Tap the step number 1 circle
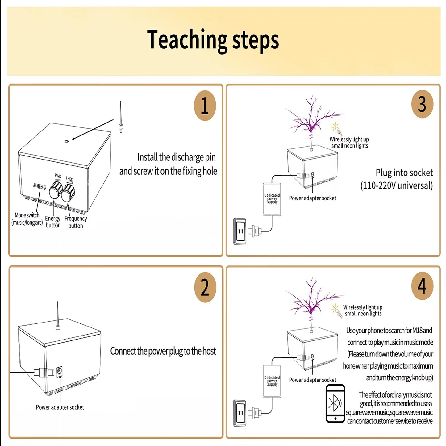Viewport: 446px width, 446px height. pyautogui.click(x=205, y=105)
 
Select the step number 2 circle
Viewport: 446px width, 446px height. pyautogui.click(x=205, y=287)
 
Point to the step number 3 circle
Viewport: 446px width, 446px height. pyautogui.click(x=422, y=104)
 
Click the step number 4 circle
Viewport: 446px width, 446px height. pyautogui.click(x=422, y=286)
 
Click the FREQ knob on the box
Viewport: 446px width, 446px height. pyautogui.click(x=68, y=193)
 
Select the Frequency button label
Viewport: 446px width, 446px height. pyautogui.click(x=76, y=222)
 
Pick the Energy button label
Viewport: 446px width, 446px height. pyautogui.click(x=53, y=222)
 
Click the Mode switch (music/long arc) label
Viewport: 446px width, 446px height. pyautogui.click(x=27, y=219)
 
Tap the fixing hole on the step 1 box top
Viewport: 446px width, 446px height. pyautogui.click(x=67, y=141)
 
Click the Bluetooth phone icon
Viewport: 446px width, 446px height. pyautogui.click(x=335, y=403)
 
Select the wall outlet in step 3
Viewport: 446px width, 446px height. pyautogui.click(x=240, y=231)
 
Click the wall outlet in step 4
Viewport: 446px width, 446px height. pyautogui.click(x=240, y=413)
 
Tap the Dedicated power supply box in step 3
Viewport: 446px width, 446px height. pyautogui.click(x=272, y=199)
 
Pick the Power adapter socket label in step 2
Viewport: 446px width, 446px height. pyautogui.click(x=60, y=407)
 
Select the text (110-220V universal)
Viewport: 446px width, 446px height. pyautogui.click(x=397, y=185)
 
